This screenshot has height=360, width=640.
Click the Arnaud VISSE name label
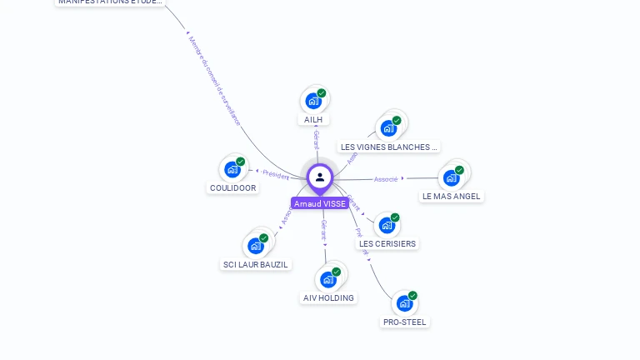[320, 203]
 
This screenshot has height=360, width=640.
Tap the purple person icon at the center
[320, 177]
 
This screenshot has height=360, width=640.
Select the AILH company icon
[313, 101]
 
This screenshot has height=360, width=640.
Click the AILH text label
[313, 120]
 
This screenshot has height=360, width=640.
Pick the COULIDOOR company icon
[232, 169]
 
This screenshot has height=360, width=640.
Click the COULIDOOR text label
[232, 188]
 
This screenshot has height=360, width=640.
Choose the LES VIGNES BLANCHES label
[388, 147]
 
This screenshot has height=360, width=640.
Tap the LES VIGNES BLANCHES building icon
[388, 127]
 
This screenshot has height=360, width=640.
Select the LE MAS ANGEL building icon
[452, 177]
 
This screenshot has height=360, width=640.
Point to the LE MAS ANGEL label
[452, 197]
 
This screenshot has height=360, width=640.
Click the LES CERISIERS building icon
[387, 225]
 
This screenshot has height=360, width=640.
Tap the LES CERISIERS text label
[387, 244]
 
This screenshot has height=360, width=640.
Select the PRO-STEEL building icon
[404, 302]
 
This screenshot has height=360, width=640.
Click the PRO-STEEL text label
[405, 322]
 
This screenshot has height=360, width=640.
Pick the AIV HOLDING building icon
[328, 279]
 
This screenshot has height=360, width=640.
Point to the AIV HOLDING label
[328, 298]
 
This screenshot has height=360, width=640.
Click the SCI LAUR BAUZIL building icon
[256, 246]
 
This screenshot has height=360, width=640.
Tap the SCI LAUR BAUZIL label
[256, 265]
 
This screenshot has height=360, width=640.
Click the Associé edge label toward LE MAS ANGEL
[386, 179]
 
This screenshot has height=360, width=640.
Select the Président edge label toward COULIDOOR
[275, 174]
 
